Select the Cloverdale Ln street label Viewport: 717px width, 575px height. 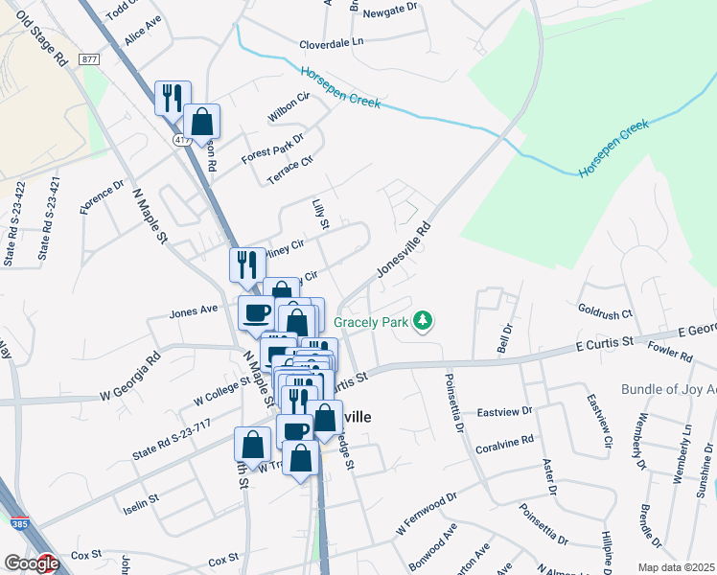(332, 43)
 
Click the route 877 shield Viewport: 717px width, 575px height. (89, 59)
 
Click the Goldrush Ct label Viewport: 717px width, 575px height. (606, 311)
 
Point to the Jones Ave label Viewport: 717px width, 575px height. (188, 312)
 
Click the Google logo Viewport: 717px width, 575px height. (31, 563)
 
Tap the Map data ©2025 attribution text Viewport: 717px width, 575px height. (676, 567)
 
